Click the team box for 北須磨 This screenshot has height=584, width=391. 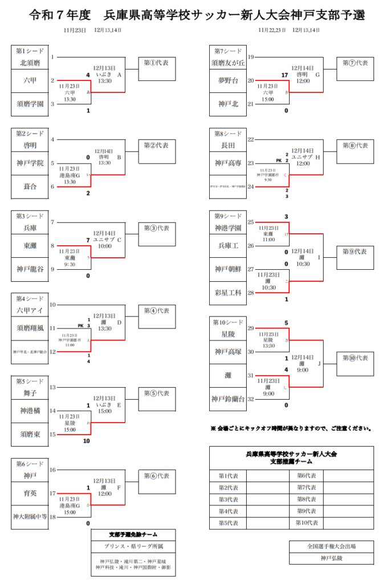(x=30, y=63)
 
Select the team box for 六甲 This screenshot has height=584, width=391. (x=30, y=80)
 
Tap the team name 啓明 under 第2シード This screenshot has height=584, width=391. (x=30, y=145)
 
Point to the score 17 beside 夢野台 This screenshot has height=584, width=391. (x=284, y=75)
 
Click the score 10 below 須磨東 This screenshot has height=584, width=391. (x=87, y=441)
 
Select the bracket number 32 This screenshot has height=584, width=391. (x=251, y=399)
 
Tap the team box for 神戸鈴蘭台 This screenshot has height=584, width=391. (x=228, y=399)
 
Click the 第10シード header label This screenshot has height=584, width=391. (x=228, y=322)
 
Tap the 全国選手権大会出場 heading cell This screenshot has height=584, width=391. (x=331, y=546)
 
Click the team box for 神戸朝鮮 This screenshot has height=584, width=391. (x=228, y=269)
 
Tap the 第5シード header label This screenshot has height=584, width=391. (x=30, y=381)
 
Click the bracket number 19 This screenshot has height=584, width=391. (x=251, y=57)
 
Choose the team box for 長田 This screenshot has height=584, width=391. (x=228, y=145)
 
